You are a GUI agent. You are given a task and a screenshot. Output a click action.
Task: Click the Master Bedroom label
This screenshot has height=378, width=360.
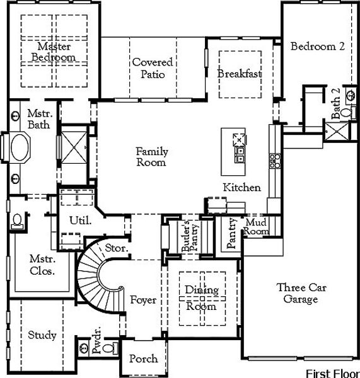(54, 52)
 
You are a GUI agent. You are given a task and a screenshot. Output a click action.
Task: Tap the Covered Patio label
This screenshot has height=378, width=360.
(153, 68)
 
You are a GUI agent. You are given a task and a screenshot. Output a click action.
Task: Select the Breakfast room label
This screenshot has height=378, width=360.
(240, 74)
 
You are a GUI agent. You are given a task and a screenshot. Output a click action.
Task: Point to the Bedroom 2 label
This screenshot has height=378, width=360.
(318, 46)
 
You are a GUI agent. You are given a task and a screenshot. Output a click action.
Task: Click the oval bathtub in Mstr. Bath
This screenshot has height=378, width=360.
(20, 147)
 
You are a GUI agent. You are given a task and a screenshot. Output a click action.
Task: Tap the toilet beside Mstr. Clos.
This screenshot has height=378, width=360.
(17, 221)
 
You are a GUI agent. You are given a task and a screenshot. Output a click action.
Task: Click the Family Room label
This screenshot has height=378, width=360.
(151, 157)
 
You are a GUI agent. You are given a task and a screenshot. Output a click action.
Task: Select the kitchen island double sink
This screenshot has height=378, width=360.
(240, 155)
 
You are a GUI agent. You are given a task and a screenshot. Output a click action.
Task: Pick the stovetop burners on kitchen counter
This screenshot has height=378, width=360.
(275, 161)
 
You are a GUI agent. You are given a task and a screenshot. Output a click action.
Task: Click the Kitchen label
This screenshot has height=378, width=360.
(241, 188)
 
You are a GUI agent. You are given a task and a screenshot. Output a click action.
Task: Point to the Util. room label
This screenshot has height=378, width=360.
(80, 220)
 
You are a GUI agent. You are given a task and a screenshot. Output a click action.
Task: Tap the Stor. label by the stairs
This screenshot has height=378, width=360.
(116, 248)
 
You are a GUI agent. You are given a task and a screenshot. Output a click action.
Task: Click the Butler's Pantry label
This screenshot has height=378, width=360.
(190, 236)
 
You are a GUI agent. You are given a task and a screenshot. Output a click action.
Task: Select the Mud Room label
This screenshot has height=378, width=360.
(256, 227)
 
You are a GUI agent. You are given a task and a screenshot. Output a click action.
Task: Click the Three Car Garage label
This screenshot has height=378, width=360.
(301, 294)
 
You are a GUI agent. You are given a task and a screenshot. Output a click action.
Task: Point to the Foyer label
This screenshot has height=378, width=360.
(143, 300)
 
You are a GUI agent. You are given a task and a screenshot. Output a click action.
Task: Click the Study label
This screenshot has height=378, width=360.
(42, 335)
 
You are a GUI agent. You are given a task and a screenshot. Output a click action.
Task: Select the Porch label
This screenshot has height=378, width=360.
(144, 358)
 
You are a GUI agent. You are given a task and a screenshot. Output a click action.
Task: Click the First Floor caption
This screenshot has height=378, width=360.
(332, 374)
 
